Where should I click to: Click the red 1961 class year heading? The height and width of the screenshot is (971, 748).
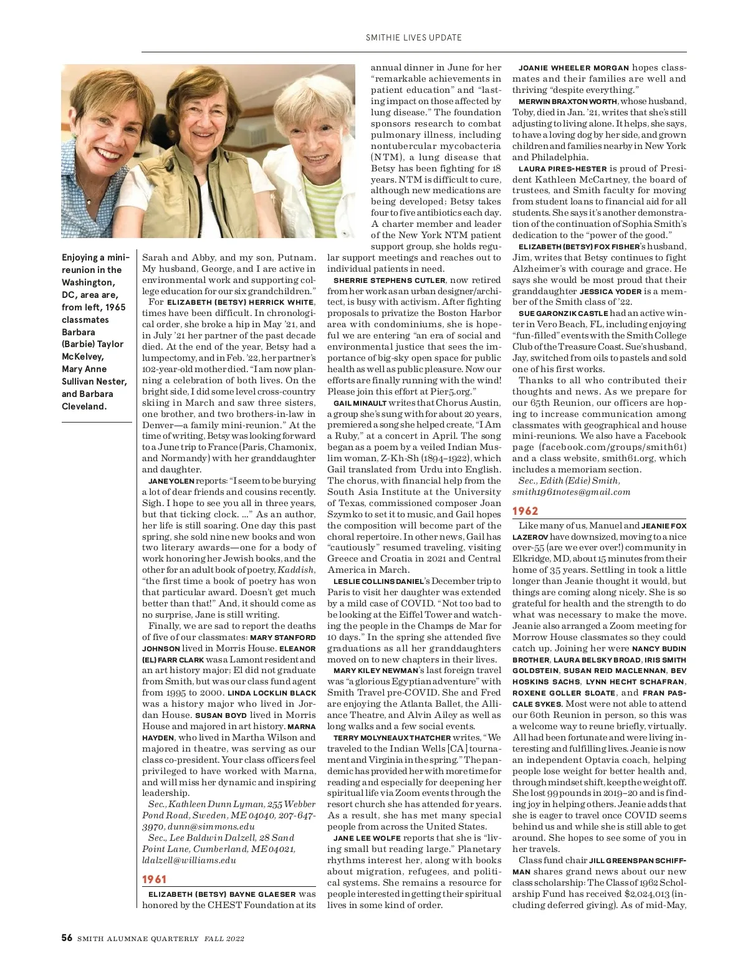click(154, 879)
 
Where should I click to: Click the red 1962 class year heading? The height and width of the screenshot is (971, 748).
click(525, 511)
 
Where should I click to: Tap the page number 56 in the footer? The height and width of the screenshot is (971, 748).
click(67, 938)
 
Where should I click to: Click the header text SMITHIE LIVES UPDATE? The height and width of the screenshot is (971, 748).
click(413, 37)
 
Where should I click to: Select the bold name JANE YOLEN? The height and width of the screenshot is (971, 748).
click(171, 481)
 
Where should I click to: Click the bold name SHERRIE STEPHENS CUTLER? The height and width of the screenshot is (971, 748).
click(390, 280)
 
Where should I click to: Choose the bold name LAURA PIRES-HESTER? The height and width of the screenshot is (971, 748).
click(562, 169)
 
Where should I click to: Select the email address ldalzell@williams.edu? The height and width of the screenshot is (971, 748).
click(189, 860)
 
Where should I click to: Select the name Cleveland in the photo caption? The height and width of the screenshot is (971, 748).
click(85, 406)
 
